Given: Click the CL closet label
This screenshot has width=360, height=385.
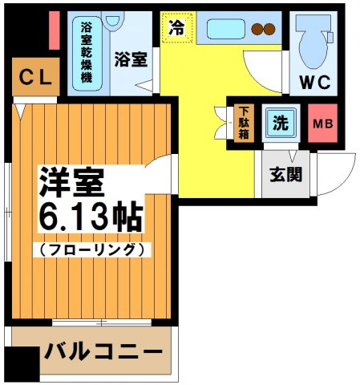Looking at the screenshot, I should pyautogui.click(x=35, y=78).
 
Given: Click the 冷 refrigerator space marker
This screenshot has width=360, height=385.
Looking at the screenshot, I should pyautogui.click(x=176, y=27).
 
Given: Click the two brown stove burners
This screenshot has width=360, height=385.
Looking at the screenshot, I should pyautogui.click(x=263, y=30).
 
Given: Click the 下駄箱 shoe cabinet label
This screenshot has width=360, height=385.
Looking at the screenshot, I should pyautogui.click(x=244, y=123).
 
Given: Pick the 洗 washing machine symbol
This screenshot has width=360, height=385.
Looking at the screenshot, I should pyautogui.click(x=279, y=123).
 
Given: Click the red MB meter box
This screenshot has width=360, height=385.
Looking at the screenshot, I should pyautogui.click(x=322, y=124).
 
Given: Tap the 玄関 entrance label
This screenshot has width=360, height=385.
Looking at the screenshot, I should pyautogui.click(x=284, y=173).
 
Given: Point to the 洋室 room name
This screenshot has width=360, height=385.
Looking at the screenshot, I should pyautogui.click(x=72, y=184).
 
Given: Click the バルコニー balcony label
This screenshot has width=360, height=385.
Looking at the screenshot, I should pyautogui.click(x=103, y=352).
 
